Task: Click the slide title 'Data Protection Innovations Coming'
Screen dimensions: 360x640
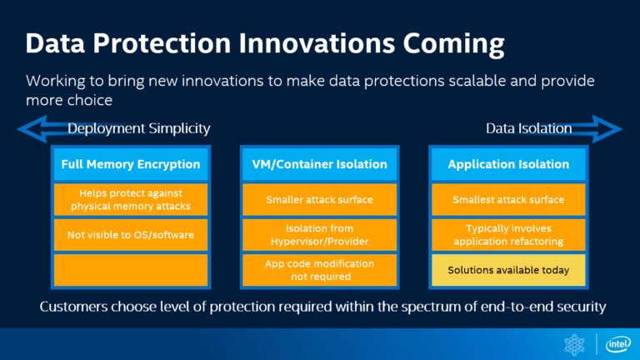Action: tap(265, 43)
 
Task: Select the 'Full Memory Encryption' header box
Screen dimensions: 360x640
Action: tap(131, 164)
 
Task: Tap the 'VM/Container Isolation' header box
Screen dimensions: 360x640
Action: tap(319, 164)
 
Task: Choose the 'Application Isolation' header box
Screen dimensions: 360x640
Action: tap(508, 164)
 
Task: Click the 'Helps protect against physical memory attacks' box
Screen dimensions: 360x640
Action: tap(131, 200)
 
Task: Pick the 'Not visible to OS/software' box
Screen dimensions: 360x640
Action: tap(131, 235)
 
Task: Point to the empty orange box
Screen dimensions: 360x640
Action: tap(131, 270)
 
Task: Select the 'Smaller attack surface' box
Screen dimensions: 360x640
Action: tap(319, 200)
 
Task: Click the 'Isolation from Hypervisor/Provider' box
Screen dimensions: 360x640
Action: tap(319, 235)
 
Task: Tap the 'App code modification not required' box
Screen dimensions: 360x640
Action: tap(319, 270)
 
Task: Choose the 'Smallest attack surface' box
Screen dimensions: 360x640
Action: tap(508, 200)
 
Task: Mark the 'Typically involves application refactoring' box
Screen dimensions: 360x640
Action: tap(508, 235)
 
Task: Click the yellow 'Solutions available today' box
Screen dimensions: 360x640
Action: tap(508, 270)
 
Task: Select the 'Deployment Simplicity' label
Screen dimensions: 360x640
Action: tap(138, 128)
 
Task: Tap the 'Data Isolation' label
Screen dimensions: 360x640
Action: tap(528, 128)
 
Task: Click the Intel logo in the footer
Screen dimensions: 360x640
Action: tap(617, 343)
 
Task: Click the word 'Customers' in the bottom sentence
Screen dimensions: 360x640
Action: tap(72, 307)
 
